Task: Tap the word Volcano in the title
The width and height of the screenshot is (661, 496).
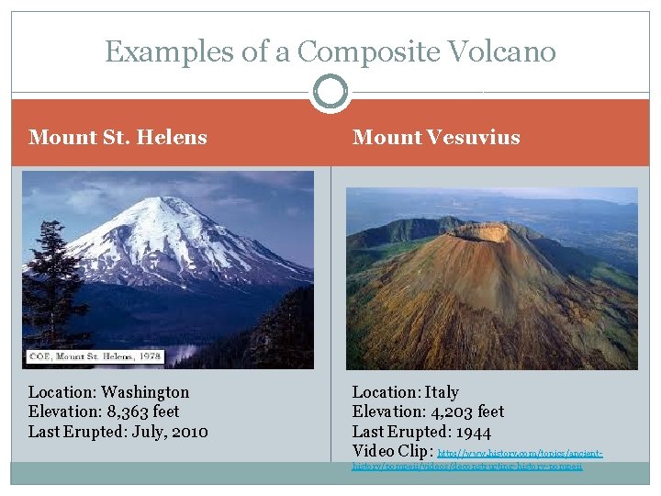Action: click(x=504, y=51)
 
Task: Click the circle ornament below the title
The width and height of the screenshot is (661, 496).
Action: click(x=330, y=92)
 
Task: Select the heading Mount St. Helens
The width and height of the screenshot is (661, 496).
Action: click(x=118, y=138)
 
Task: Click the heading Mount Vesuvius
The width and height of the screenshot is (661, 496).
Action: click(x=436, y=138)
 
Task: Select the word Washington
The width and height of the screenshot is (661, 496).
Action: click(x=145, y=392)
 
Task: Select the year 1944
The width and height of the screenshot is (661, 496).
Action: click(x=472, y=432)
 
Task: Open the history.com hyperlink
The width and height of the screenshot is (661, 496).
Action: click(x=520, y=454)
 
